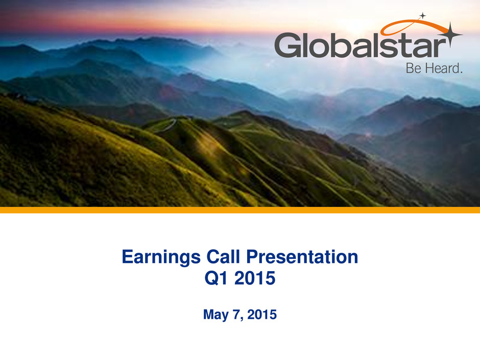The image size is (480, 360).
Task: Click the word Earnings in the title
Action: (161, 257)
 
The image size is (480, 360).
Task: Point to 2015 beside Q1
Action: (255, 278)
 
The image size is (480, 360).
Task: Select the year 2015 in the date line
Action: (262, 315)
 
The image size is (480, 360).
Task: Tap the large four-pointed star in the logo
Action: (450, 35)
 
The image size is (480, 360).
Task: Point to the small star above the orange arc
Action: (423, 16)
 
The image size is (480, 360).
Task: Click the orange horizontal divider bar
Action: (240, 210)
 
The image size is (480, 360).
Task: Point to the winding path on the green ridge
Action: (167, 126)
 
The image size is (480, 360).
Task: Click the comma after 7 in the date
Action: (242, 319)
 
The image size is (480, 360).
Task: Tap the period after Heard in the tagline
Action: (461, 73)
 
